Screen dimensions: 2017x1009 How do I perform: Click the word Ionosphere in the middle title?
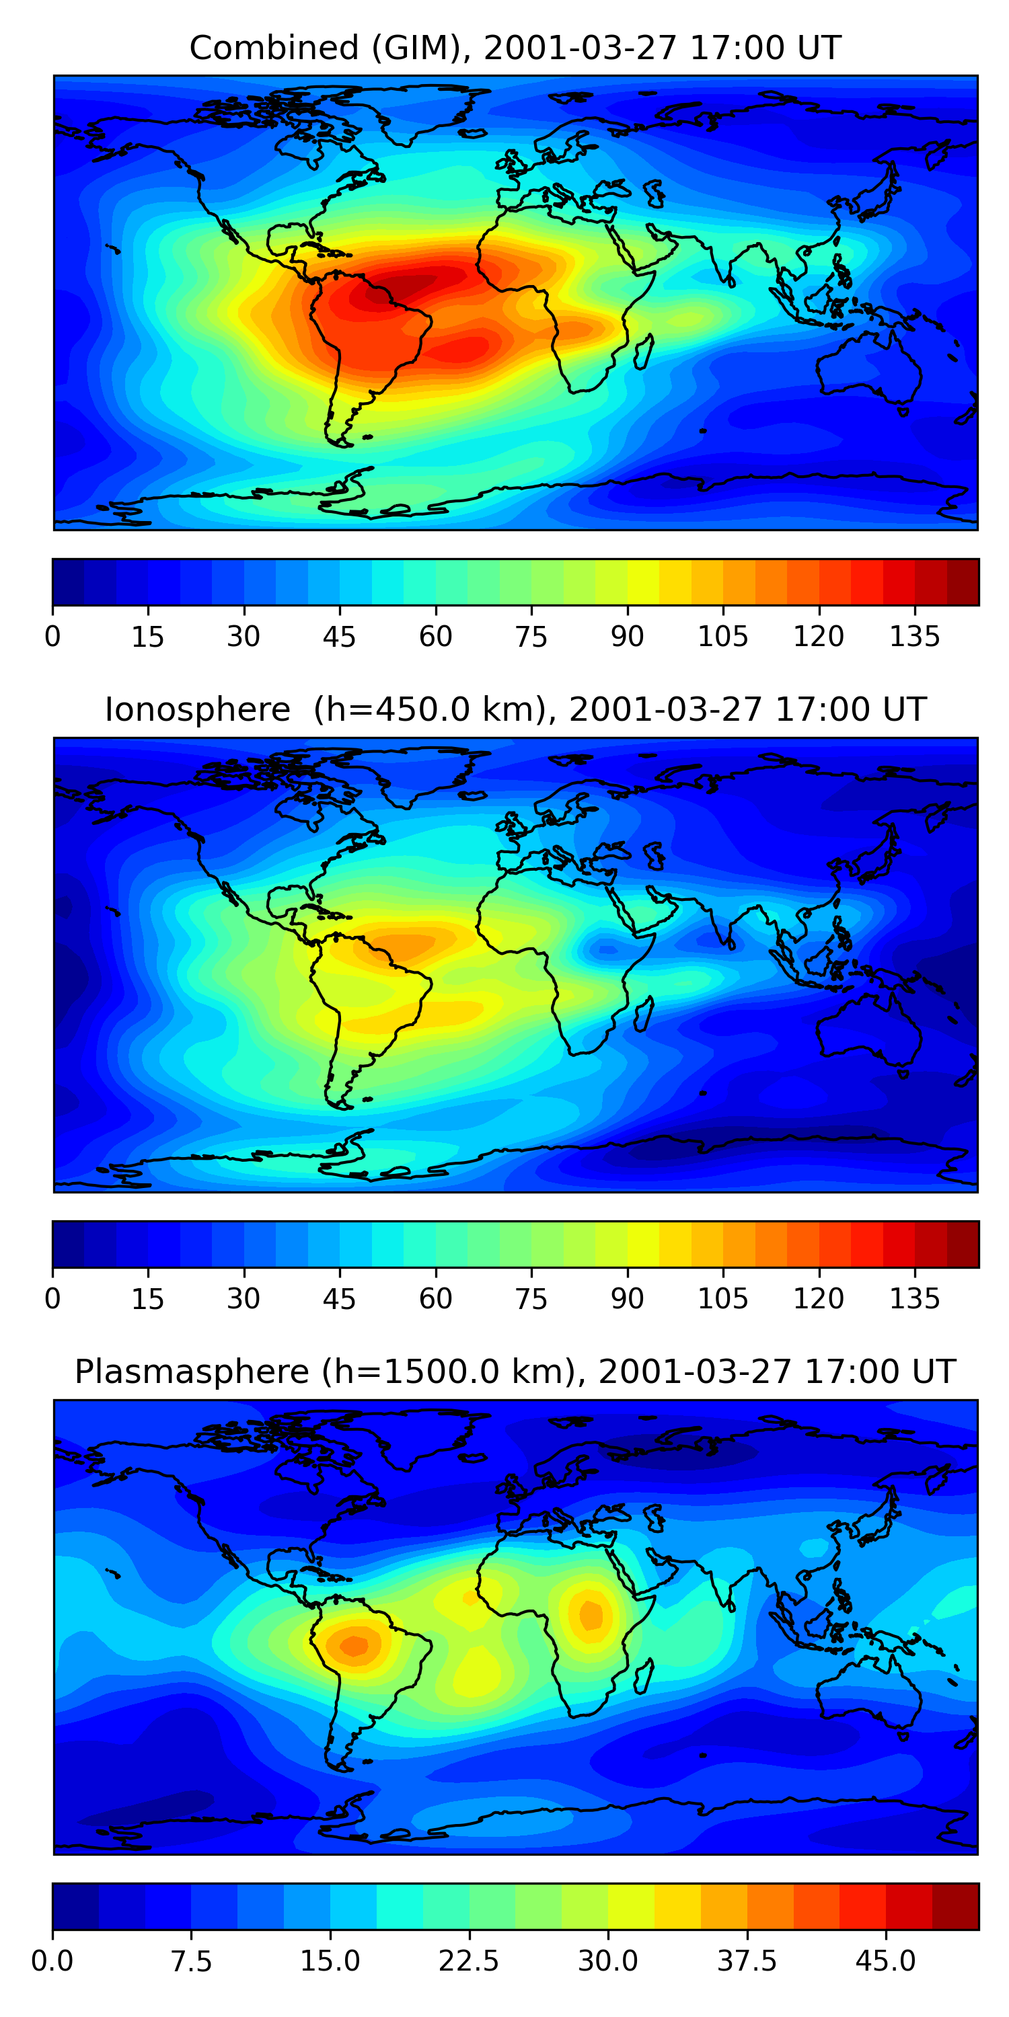(197, 709)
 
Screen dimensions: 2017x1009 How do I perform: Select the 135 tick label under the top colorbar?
(914, 637)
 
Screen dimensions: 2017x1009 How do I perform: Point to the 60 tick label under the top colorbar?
(436, 637)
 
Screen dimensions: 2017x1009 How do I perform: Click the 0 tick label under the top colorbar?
(52, 637)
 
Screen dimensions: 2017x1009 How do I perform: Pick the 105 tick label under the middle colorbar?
(722, 1298)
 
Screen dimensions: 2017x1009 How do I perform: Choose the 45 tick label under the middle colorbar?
(339, 1298)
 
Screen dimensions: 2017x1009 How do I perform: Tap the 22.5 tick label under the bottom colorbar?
(468, 1961)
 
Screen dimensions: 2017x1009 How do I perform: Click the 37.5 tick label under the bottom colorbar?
(747, 1961)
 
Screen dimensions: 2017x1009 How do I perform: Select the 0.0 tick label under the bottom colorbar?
(52, 1961)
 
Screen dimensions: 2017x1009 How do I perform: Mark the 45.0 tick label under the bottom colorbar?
(885, 1961)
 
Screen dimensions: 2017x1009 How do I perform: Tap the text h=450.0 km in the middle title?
(429, 709)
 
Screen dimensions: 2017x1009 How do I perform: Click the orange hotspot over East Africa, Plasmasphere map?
(591, 1614)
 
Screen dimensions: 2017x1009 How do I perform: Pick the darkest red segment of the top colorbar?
(963, 582)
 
